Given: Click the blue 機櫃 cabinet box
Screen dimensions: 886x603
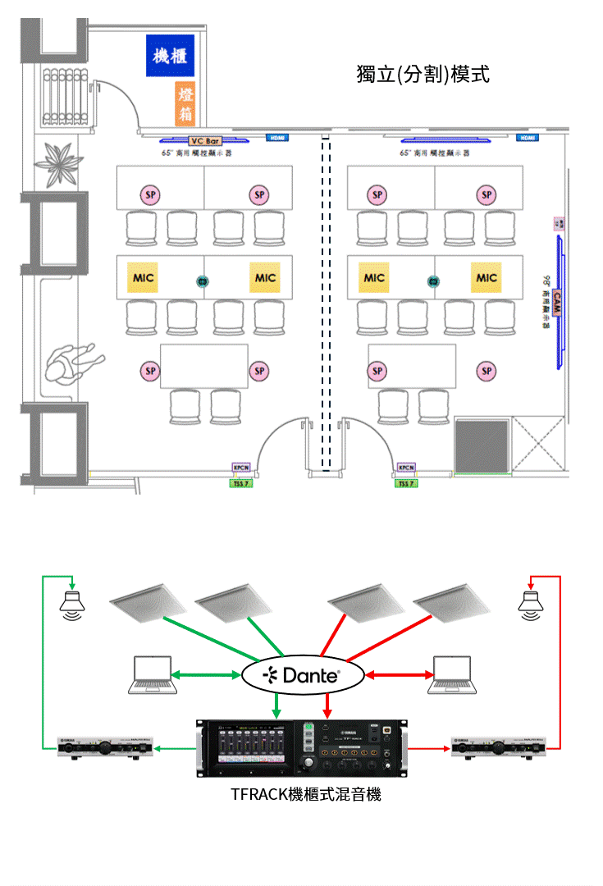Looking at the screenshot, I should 170,56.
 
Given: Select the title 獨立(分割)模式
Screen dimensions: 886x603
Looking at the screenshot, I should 423,74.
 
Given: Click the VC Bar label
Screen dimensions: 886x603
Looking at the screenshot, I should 205,141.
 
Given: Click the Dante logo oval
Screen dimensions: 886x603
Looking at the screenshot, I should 302,676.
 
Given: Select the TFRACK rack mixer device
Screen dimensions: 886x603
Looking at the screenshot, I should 301,747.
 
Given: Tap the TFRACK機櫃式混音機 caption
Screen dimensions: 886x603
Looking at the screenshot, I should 306,794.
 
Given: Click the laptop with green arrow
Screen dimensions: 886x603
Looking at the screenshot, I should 152,675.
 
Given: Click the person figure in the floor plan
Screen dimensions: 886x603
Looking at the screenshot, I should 72,363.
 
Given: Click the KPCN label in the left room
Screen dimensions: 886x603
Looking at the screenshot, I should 242,468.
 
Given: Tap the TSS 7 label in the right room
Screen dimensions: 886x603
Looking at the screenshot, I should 406,483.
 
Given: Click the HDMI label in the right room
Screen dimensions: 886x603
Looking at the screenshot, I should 528,137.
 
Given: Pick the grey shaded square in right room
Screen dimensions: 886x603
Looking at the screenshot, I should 482,445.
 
